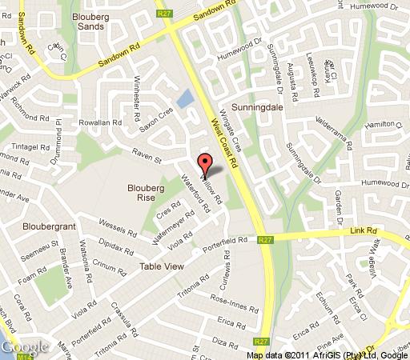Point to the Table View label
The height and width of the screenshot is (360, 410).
pyautogui.click(x=163, y=266)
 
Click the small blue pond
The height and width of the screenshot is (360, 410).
pyautogui.click(x=183, y=99)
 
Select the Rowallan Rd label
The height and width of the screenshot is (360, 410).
pyautogui.click(x=99, y=123)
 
